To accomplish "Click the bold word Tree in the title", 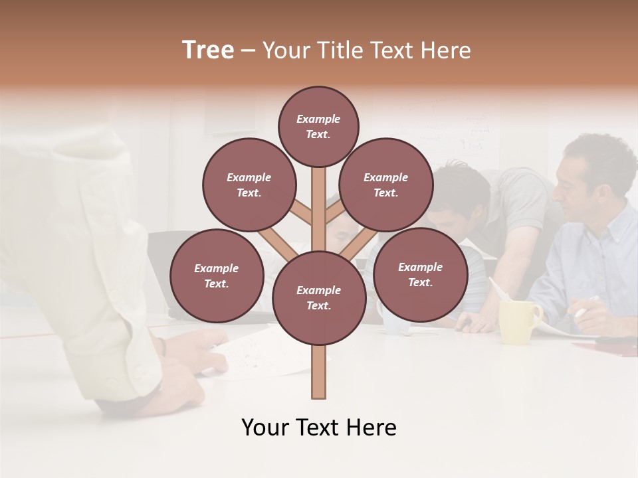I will [208, 50].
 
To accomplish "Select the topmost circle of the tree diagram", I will [318, 126].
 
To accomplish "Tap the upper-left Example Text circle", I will [249, 185].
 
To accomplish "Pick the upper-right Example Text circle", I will [385, 185].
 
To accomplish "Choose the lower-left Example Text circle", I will [217, 276].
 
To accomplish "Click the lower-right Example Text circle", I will [420, 274].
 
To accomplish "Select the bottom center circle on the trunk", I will [319, 297].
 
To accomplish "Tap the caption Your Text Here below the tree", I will [318, 428].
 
